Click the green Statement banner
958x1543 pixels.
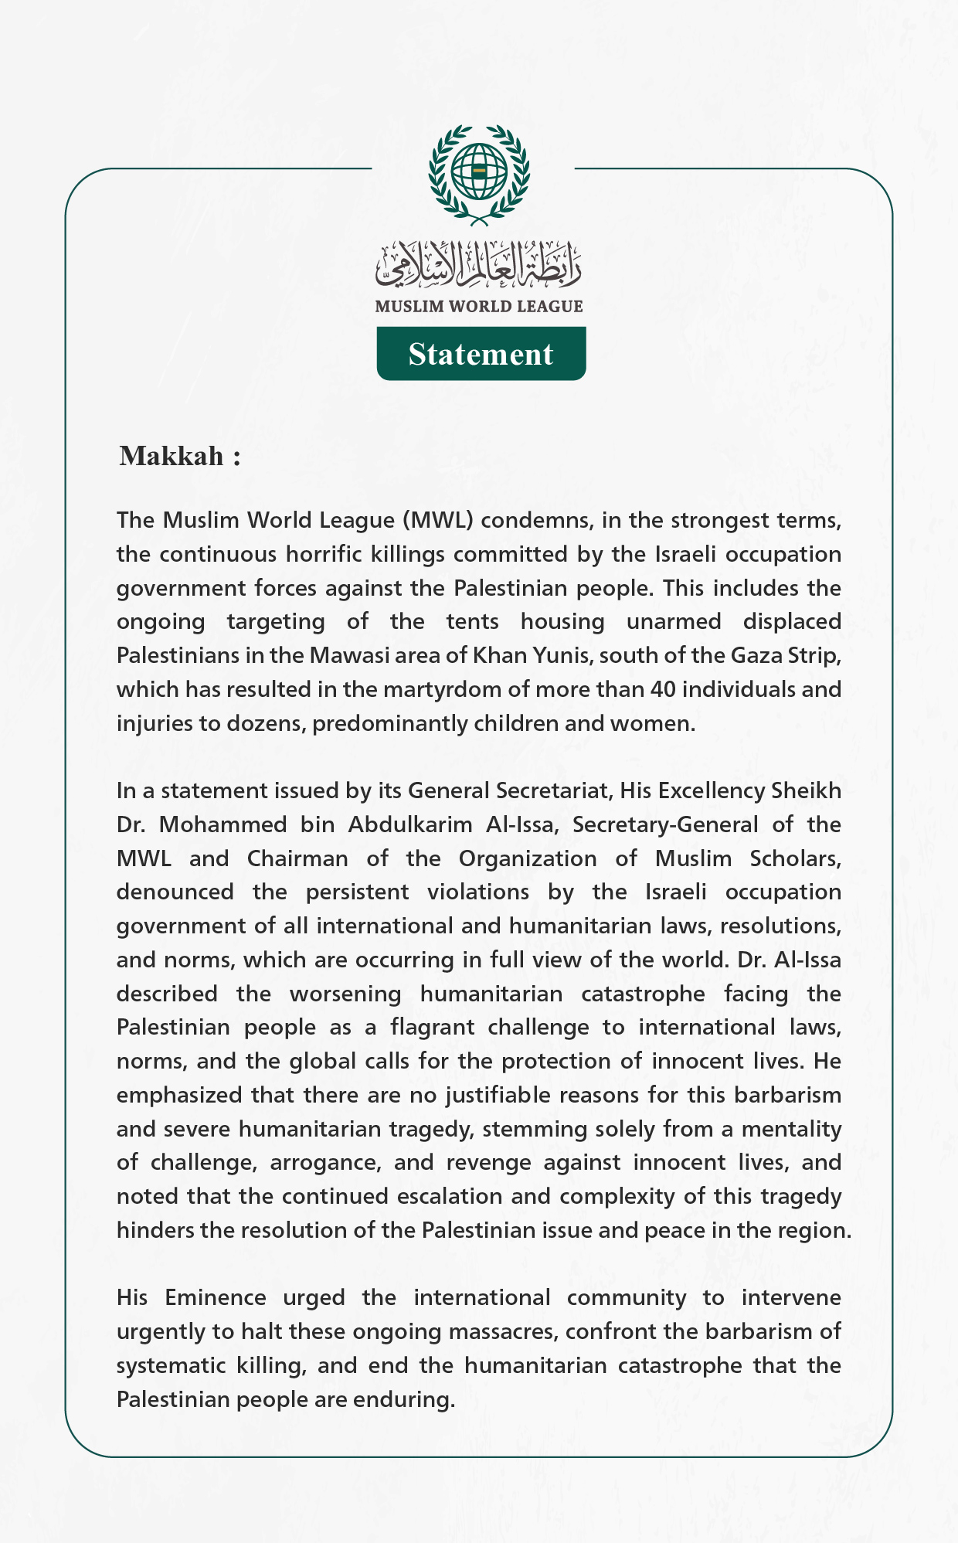[481, 354]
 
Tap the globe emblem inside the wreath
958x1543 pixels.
[479, 170]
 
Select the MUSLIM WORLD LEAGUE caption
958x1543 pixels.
[479, 307]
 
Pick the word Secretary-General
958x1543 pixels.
[665, 824]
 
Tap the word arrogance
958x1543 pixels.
[324, 1162]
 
